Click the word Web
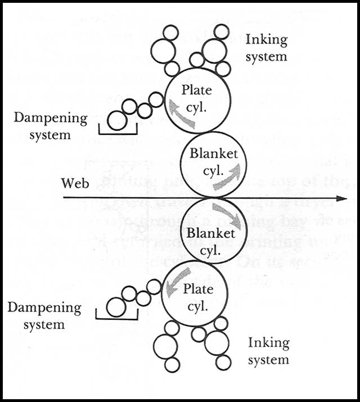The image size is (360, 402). (x=75, y=184)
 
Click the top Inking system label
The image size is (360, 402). (x=266, y=48)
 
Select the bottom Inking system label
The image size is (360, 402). (x=268, y=350)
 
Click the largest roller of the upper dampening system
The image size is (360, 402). (x=118, y=120)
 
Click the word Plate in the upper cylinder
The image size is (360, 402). (x=196, y=90)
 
